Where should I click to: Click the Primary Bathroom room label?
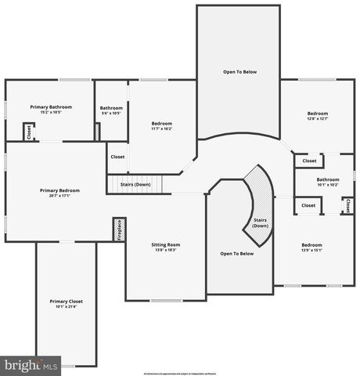[51, 107]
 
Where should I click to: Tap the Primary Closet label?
[66, 301]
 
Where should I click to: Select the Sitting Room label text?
[164, 244]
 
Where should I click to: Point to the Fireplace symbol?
[120, 232]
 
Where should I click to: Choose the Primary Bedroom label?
[59, 190]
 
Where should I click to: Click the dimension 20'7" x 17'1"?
[59, 196]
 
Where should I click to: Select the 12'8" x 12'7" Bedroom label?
[318, 114]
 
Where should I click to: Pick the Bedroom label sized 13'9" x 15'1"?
[311, 245]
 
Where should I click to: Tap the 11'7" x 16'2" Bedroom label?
[162, 123]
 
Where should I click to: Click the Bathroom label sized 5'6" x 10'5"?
[111, 108]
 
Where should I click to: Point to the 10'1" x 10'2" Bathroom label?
[328, 179]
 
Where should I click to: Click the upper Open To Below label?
[239, 71]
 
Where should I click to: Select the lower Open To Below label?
[236, 253]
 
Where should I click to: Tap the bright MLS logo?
[31, 365]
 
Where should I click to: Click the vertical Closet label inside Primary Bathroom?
[29, 132]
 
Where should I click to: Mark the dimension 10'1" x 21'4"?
[66, 307]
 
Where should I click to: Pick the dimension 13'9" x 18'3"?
[164, 251]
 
